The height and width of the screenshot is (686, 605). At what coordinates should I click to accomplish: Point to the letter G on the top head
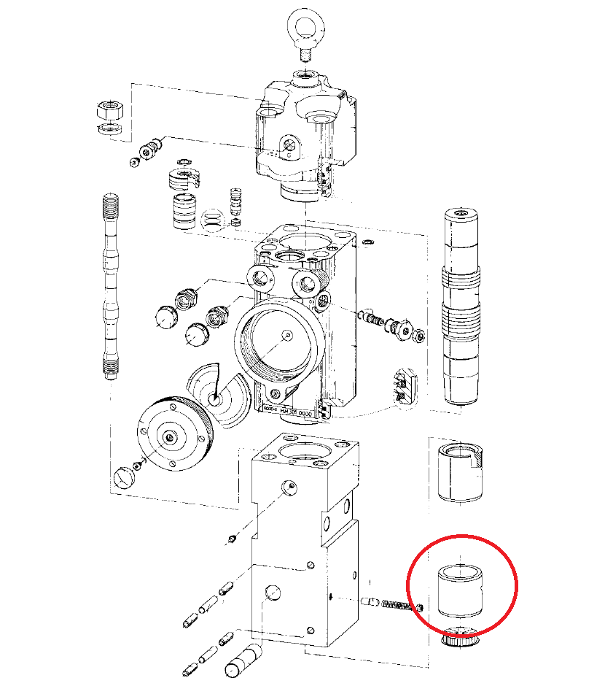click(x=289, y=154)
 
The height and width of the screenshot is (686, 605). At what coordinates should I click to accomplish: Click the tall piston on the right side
click(x=461, y=307)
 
